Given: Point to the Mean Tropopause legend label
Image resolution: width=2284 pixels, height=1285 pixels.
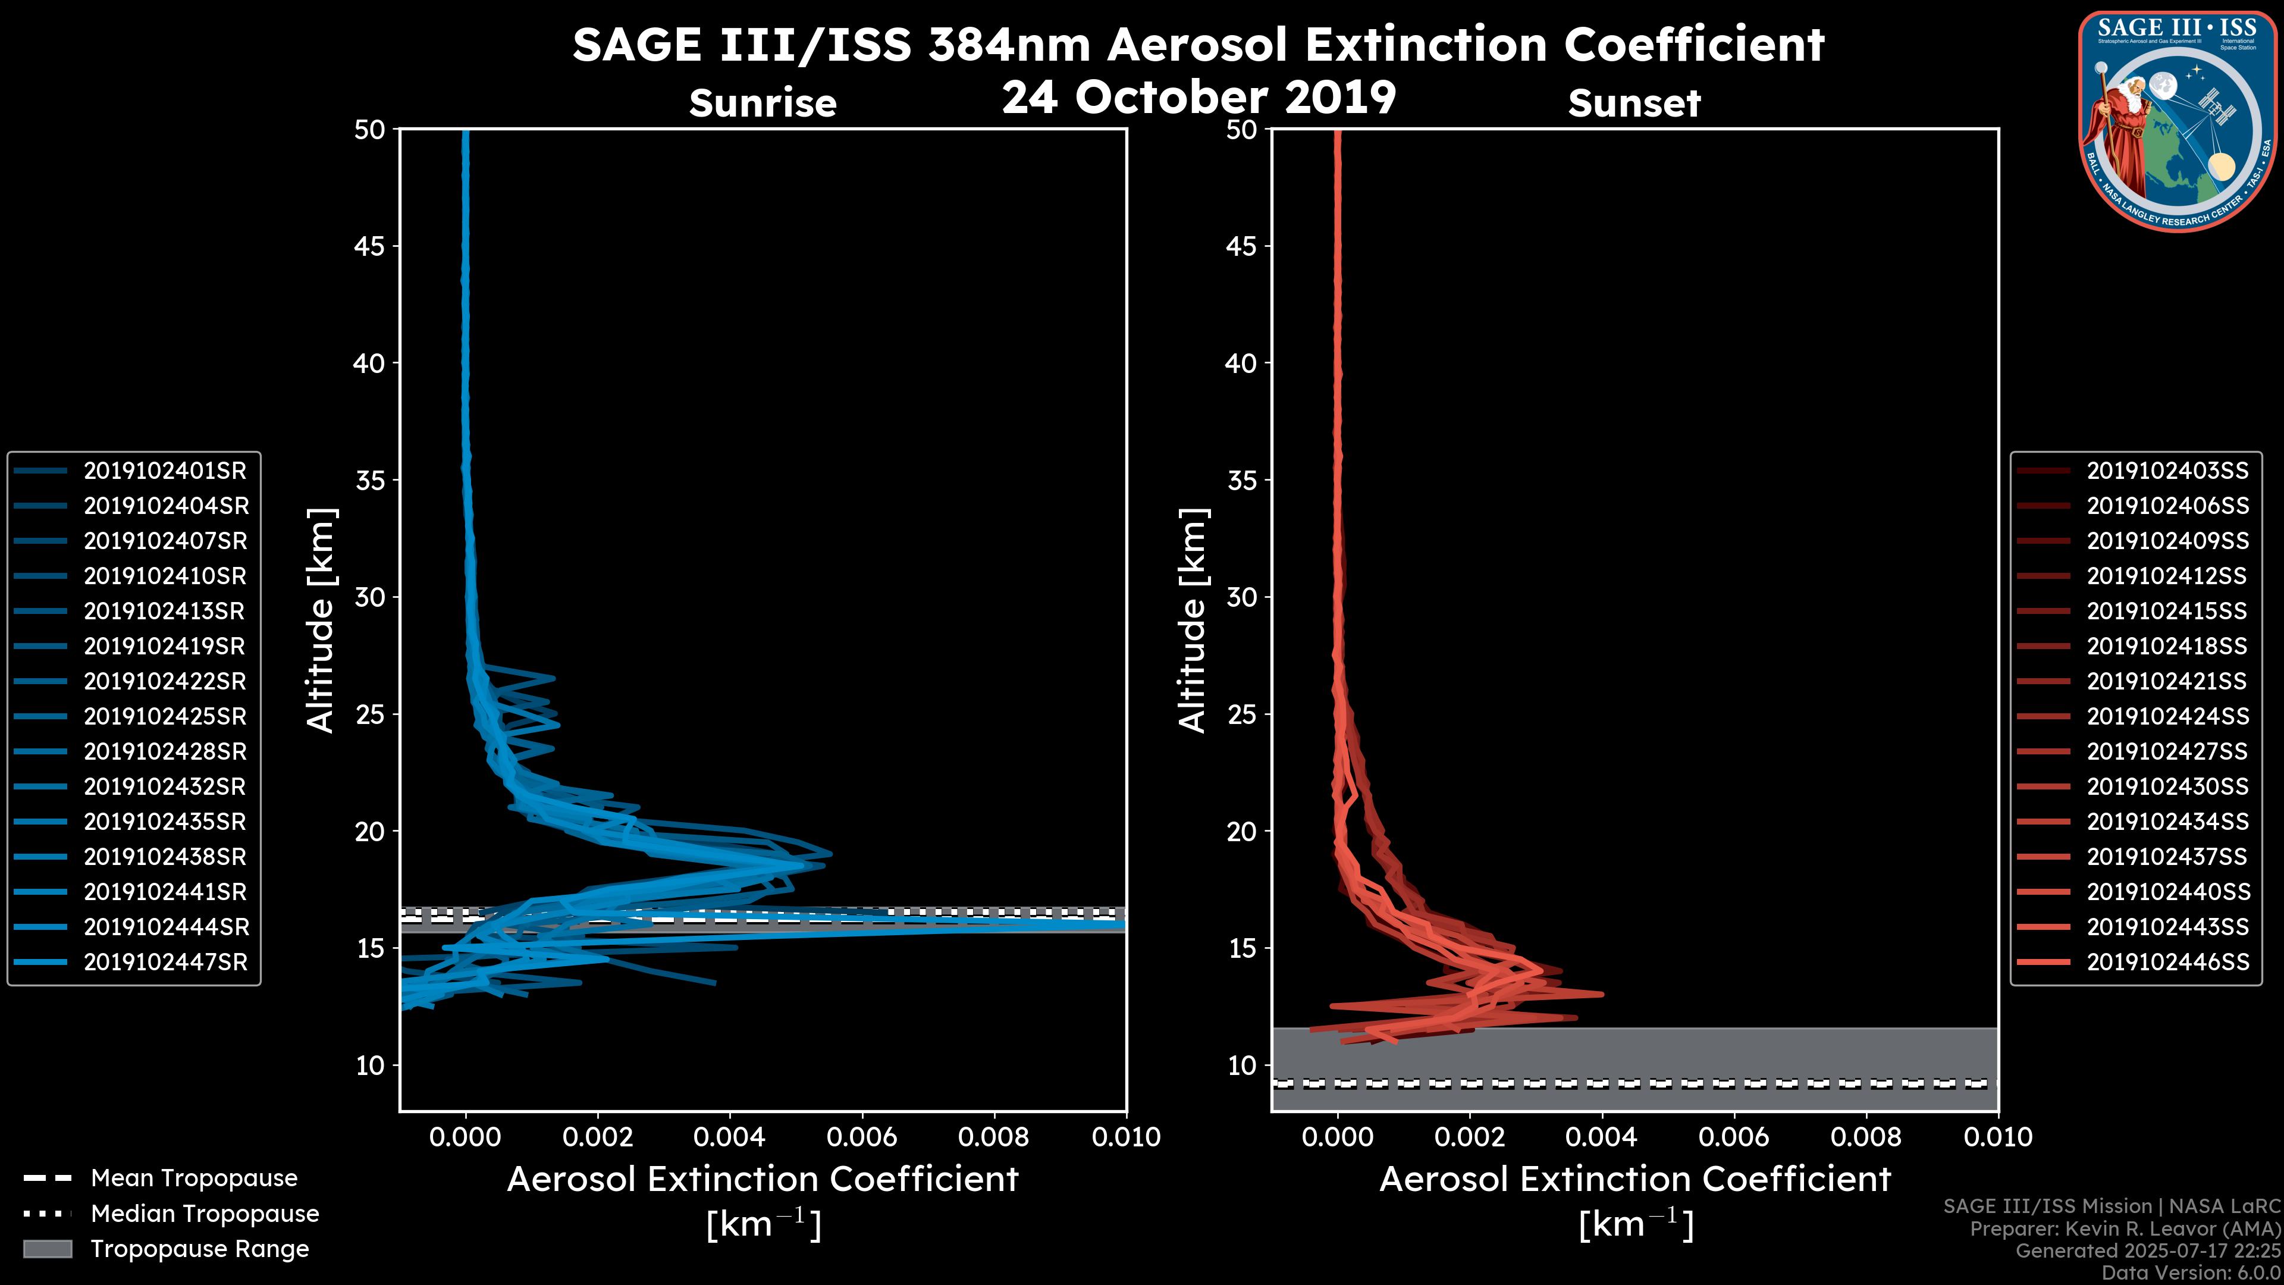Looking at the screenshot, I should pos(194,1179).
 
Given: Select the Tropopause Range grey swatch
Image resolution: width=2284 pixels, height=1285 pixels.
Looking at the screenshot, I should pos(48,1249).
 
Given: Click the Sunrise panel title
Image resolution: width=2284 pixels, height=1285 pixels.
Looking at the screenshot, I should pos(763,104).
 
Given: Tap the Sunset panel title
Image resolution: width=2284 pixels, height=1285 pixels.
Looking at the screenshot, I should pos(1634,104).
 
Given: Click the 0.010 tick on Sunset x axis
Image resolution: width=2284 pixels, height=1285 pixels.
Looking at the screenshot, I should pos(1998,1137).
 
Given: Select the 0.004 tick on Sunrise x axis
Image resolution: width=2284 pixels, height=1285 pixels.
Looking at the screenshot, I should pos(730,1137).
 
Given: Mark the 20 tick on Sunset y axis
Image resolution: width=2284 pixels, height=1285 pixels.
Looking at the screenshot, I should pos(1242,832).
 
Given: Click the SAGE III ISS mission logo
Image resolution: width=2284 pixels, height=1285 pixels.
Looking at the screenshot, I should pos(2177,121).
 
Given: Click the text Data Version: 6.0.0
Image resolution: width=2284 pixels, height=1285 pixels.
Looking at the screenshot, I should pos(2192,1273).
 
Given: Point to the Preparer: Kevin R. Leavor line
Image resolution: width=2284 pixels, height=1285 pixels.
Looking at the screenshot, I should pos(2125,1229).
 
